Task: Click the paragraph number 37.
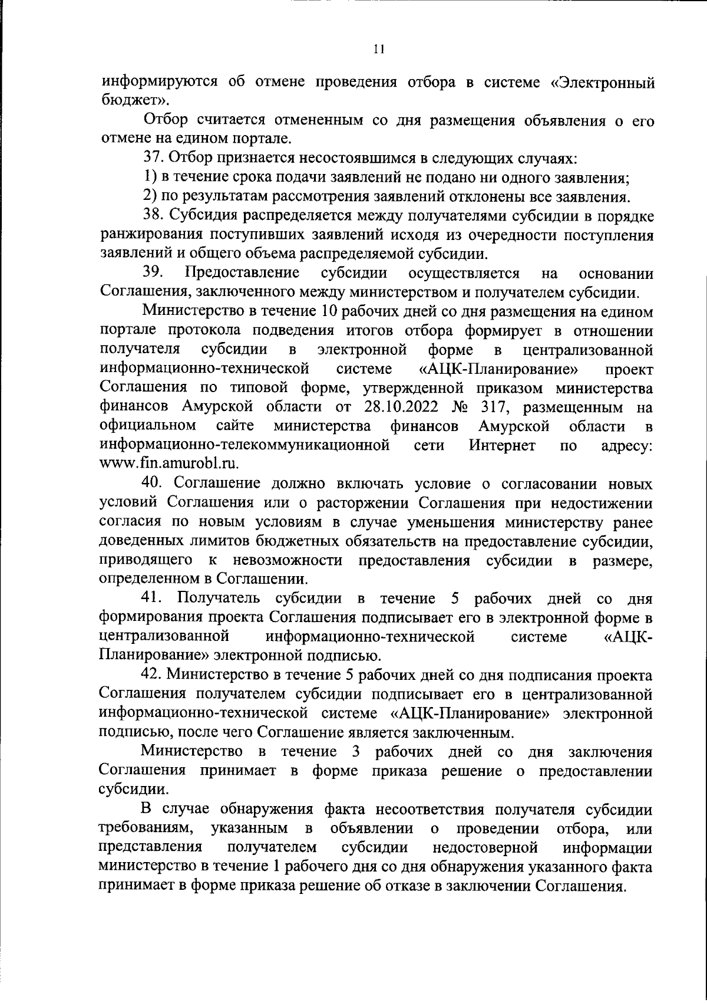point(153,159)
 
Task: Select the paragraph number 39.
point(153,273)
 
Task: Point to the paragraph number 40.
point(153,484)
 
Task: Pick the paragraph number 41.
point(153,599)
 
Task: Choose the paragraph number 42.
point(153,675)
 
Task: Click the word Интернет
point(502,445)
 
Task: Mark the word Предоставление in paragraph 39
point(242,273)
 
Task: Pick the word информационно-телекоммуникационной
point(246,445)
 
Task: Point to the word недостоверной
point(485,848)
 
